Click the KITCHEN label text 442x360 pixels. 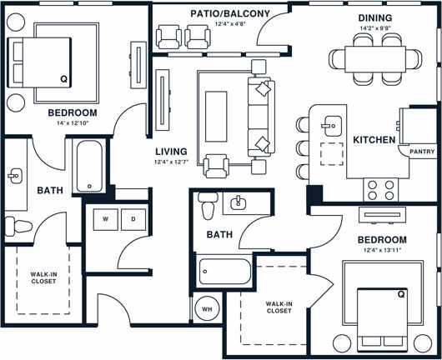[373, 140]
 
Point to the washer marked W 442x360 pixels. [106, 219]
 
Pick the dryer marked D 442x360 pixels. [133, 219]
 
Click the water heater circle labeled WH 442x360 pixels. [207, 310]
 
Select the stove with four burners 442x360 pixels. [376, 191]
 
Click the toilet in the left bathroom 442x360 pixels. [16, 224]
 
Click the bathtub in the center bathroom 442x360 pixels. [224, 272]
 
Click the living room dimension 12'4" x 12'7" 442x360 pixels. [171, 162]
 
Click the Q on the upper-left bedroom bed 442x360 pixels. [63, 79]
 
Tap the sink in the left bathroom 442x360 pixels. [14, 175]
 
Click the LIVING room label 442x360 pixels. [170, 151]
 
